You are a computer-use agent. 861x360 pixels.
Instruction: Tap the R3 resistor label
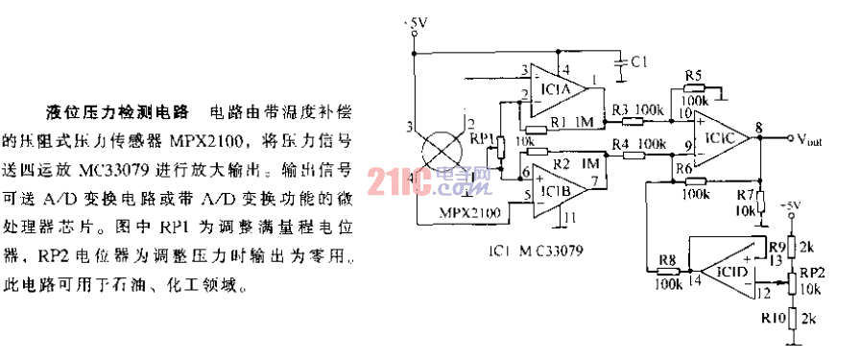coord(620,109)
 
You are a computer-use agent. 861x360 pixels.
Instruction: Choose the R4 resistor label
coord(620,144)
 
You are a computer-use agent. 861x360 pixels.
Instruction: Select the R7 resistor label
coord(744,195)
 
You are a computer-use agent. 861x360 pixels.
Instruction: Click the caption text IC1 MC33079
coord(535,252)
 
